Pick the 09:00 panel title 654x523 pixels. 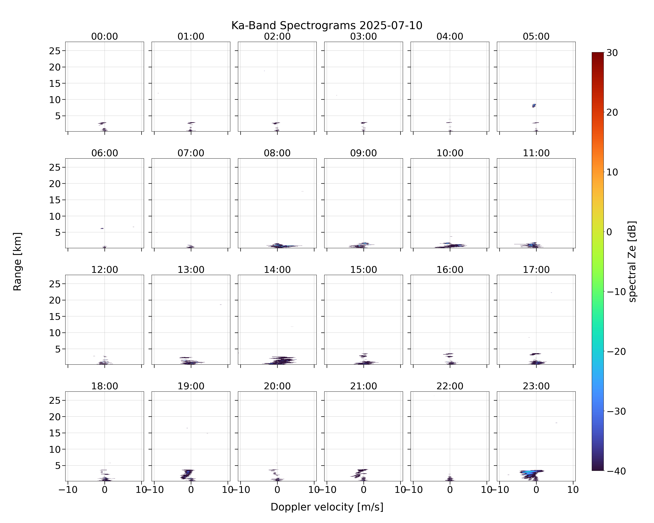(x=363, y=153)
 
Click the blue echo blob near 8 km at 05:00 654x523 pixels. (x=534, y=105)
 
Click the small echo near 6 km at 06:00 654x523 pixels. (x=102, y=228)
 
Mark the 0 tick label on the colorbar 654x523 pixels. (x=609, y=232)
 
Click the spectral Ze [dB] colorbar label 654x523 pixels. (x=633, y=261)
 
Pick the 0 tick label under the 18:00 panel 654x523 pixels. (x=105, y=490)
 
